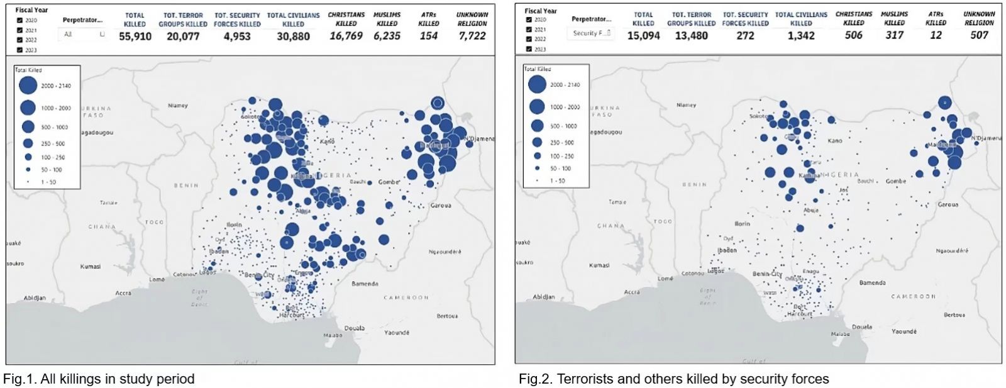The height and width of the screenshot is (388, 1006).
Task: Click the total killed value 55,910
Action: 135,36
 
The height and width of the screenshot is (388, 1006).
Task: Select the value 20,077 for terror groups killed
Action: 183,36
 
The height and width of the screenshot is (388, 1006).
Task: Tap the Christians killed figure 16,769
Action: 346,36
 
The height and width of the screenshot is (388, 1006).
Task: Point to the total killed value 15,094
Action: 643,36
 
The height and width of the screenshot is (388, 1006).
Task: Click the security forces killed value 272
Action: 745,36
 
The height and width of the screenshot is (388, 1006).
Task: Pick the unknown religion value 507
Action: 979,35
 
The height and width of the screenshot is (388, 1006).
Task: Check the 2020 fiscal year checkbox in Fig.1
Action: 19,20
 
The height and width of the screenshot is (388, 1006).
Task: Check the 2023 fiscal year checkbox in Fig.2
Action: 529,49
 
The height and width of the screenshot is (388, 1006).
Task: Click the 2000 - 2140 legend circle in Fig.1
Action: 28,86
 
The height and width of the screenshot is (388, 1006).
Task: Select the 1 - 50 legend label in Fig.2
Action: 558,180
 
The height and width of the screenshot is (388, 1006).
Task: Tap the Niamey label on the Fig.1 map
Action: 178,106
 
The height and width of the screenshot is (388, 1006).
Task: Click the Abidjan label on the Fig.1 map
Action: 35,298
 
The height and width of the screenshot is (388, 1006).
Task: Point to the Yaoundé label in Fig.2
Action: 904,331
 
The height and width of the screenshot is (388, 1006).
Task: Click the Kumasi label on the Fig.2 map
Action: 599,265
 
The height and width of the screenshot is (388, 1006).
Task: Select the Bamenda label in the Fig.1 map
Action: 365,284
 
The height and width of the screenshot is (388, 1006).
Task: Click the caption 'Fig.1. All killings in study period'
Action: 99,379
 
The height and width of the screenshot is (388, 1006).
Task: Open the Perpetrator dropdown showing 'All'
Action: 84,35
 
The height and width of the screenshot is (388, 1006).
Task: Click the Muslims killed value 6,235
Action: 387,36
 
